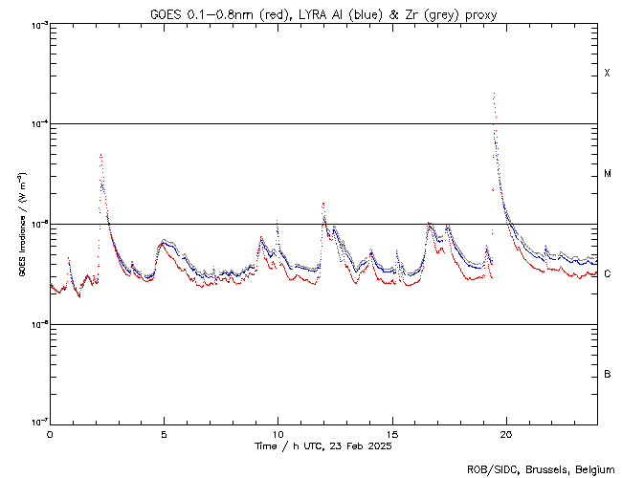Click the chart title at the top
322,14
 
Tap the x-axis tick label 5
164,433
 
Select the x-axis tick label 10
278,433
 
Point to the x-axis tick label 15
392,433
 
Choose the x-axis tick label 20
506,433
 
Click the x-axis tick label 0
50,433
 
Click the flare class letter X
608,74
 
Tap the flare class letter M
608,174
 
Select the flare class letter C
608,274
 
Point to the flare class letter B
608,374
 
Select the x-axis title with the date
322,445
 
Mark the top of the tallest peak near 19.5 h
494,94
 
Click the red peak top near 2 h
100,154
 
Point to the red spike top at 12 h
323,204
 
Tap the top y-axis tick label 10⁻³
36,24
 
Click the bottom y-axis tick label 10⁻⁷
36,423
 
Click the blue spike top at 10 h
277,219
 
